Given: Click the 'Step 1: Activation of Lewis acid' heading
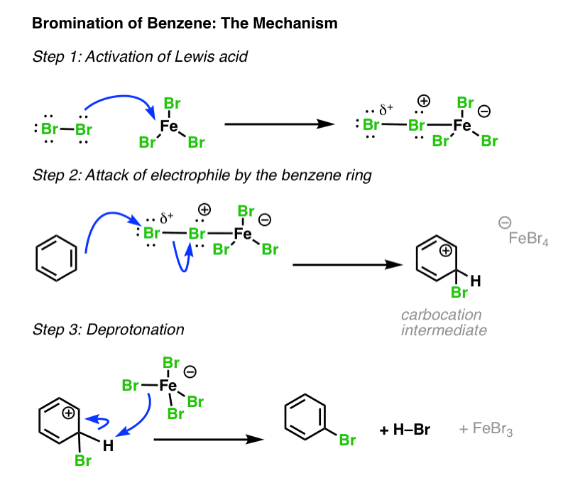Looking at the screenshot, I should [140, 57].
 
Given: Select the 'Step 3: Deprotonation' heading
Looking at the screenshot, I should [108, 330].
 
